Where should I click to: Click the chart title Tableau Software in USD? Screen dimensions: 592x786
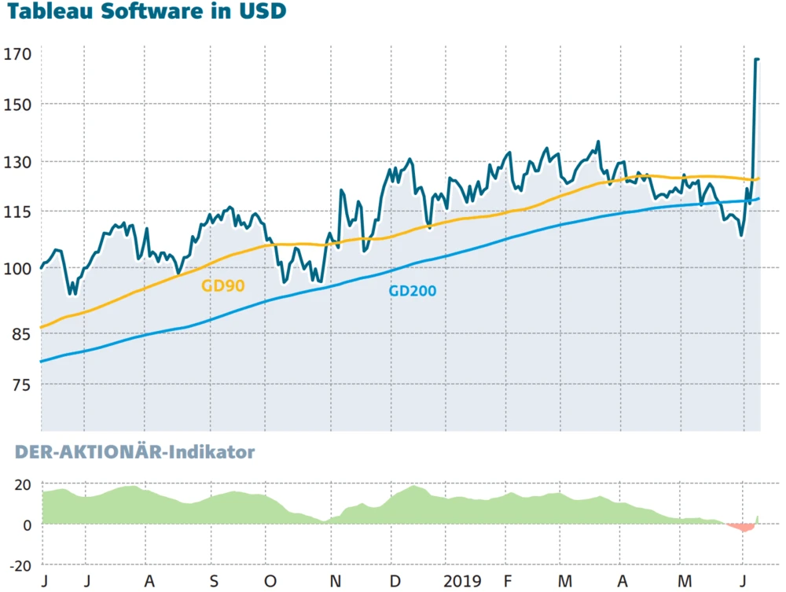tap(147, 13)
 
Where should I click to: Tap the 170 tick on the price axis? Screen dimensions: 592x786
tap(18, 54)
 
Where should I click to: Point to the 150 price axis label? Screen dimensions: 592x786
tap(18, 105)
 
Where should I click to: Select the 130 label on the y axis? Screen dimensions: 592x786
tap(18, 162)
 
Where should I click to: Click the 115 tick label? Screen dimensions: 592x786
tap(18, 211)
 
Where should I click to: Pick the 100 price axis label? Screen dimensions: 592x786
tap(18, 268)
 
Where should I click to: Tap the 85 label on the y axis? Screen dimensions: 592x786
tap(21, 334)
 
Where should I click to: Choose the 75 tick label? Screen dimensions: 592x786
tap(21, 384)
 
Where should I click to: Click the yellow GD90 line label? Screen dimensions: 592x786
tap(223, 286)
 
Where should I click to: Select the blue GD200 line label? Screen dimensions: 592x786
tap(412, 291)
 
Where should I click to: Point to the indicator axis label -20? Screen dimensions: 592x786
tap(20, 565)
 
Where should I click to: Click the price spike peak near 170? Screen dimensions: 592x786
tap(756, 59)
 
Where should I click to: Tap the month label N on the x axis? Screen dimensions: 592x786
tap(335, 582)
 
